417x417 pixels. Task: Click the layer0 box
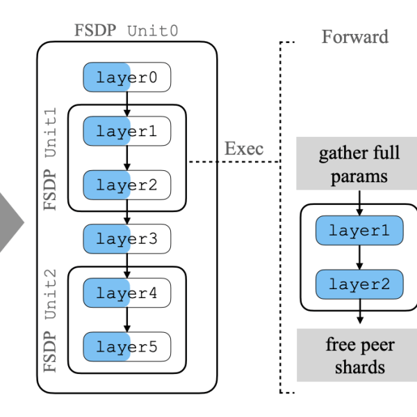pos(126,77)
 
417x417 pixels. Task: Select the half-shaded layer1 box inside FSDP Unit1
pos(126,131)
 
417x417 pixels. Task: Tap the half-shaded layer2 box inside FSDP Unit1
pos(126,185)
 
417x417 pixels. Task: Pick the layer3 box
pos(126,239)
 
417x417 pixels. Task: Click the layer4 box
pos(126,293)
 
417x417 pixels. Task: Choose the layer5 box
pos(126,347)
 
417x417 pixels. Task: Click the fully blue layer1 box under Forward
pos(359,230)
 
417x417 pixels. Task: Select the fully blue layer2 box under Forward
pos(359,284)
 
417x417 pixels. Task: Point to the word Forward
pos(354,36)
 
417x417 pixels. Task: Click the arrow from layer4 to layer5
pos(126,320)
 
